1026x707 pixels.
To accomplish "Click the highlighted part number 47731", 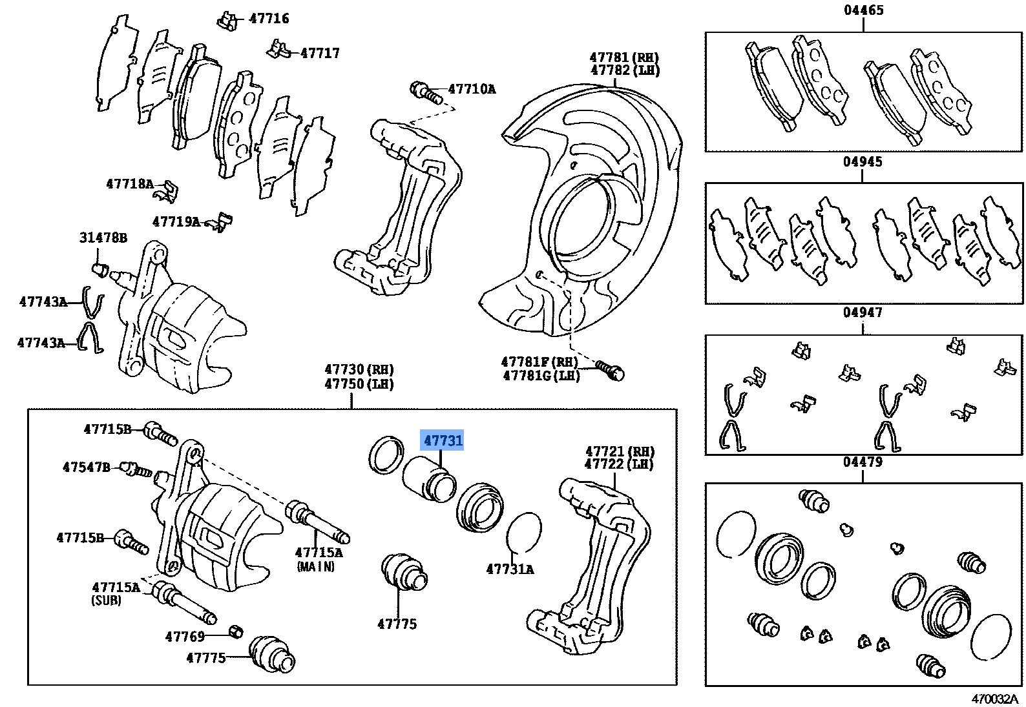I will [x=443, y=441].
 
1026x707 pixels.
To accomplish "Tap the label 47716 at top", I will [x=269, y=19].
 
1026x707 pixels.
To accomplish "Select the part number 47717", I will [x=320, y=53].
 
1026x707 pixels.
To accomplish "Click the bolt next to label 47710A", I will [x=423, y=91].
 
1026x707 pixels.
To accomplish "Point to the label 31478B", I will [x=103, y=238].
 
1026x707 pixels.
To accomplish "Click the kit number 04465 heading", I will [x=863, y=10].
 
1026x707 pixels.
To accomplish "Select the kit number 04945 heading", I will [x=863, y=161].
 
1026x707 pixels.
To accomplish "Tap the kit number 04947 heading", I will [x=863, y=313].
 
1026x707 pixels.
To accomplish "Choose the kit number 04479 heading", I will [x=863, y=462].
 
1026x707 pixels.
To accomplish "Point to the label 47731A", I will [x=510, y=569].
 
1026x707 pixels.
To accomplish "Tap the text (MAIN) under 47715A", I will [x=316, y=567].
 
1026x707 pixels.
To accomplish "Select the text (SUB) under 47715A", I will [x=106, y=600].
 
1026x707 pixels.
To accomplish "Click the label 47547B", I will [x=87, y=467].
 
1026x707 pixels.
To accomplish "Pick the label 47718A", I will [x=130, y=185].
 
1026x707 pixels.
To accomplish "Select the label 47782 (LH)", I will [x=625, y=70].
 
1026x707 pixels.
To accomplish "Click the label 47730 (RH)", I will [x=359, y=369].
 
